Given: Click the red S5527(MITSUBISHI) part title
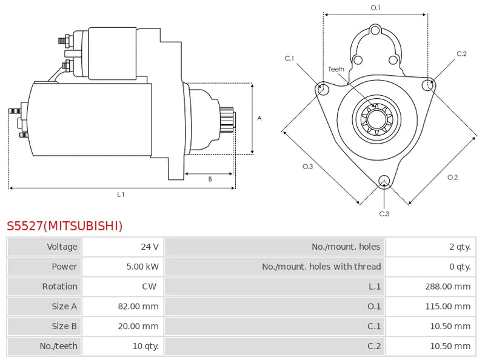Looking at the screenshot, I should (x=65, y=226).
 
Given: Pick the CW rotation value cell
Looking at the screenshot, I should (x=149, y=287).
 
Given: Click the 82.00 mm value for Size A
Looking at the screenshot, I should (x=138, y=307).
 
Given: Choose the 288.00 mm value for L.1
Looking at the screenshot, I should (x=447, y=287).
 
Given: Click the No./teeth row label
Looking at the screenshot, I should (x=60, y=347).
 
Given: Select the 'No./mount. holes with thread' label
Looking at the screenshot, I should (x=321, y=267).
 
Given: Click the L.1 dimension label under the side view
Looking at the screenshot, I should (x=121, y=195).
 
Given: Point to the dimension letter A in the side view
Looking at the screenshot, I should (x=259, y=118).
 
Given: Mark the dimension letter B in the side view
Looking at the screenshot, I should (x=210, y=179).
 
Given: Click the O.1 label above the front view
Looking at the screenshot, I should (x=375, y=8).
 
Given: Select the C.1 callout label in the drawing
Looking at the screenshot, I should (x=290, y=58).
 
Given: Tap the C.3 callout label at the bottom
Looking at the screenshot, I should (x=384, y=213).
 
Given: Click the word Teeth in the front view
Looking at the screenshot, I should (x=336, y=69).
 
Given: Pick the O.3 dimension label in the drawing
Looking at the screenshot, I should (x=308, y=167).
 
